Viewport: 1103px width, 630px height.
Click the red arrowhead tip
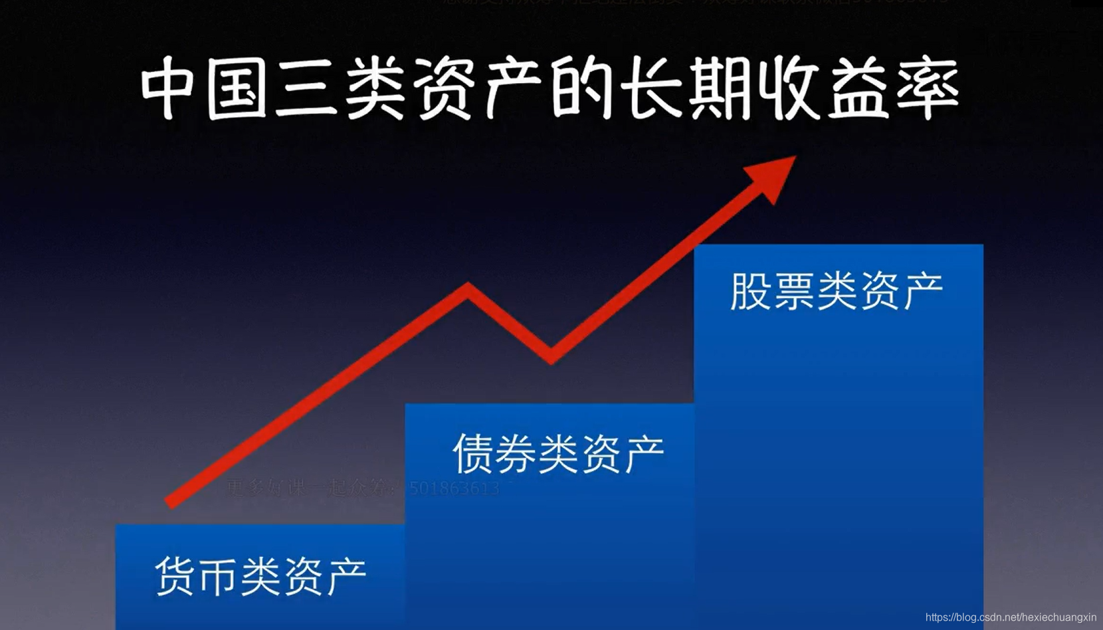pos(793,158)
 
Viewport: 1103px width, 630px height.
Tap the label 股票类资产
pos(837,291)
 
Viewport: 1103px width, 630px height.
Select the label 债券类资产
pos(558,454)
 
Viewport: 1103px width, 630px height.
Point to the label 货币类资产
pos(260,576)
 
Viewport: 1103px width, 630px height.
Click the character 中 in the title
pos(167,88)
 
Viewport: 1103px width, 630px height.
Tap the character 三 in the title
pos(306,88)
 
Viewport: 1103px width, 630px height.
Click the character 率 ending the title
pos(928,88)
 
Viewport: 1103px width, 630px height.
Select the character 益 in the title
pos(858,88)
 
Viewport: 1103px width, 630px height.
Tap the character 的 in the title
pos(582,88)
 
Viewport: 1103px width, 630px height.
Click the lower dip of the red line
pos(551,359)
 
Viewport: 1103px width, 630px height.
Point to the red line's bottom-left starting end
pos(170,502)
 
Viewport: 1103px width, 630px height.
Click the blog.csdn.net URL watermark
pos(1011,617)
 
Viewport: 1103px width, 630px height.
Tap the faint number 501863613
pos(454,488)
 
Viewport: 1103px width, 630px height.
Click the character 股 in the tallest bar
pos(750,291)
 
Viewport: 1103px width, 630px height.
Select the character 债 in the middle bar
pos(472,454)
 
